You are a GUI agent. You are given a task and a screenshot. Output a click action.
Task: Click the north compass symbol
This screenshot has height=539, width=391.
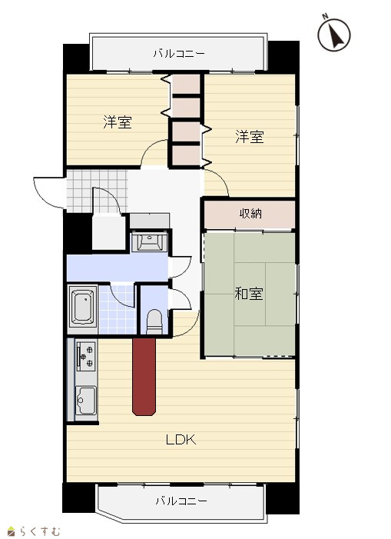tap(333, 35)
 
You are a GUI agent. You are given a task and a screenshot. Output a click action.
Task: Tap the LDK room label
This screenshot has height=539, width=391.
tap(181, 440)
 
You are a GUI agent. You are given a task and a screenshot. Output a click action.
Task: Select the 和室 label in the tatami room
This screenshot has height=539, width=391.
tap(249, 294)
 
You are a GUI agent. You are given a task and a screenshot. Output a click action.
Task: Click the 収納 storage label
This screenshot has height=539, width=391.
tap(250, 214)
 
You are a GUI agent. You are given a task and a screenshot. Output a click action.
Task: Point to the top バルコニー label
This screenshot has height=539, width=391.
tap(179, 54)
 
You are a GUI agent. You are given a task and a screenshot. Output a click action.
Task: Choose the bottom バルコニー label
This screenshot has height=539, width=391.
tap(181, 501)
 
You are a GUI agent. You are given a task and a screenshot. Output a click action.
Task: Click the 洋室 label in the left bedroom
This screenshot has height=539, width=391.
tap(118, 122)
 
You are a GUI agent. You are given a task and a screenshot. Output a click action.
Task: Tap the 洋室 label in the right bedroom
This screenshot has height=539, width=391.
tap(250, 137)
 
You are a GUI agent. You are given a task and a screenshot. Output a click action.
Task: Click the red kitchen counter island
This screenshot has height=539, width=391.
tap(144, 377)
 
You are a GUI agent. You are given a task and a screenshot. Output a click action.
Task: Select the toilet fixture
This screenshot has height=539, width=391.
tap(154, 322)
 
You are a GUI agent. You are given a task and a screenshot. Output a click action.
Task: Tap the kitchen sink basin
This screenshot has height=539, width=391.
tap(85, 401)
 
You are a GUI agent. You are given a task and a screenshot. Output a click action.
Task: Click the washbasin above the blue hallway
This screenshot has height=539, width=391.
tap(149, 241)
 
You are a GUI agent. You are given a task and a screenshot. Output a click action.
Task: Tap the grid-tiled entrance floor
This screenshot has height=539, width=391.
tap(97, 191)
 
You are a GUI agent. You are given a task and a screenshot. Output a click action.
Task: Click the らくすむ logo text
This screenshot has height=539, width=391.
tap(35, 531)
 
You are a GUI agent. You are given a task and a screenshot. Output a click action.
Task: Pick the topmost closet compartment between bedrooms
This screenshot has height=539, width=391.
tap(186, 85)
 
